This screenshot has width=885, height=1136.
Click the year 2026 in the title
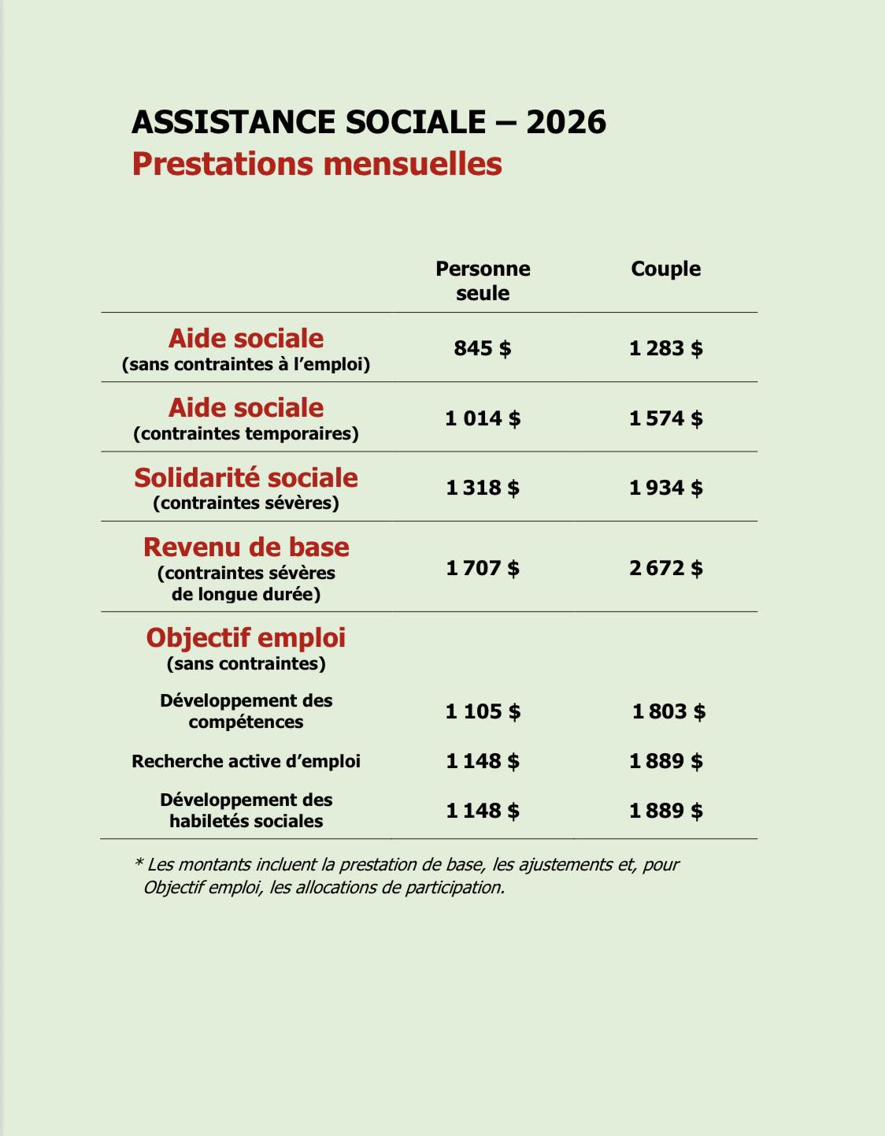(566, 122)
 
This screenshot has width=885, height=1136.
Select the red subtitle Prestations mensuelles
(317, 164)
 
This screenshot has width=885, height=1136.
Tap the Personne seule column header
(483, 280)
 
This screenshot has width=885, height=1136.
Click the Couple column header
(665, 269)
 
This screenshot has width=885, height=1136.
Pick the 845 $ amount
(483, 348)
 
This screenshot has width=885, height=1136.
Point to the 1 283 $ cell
(665, 348)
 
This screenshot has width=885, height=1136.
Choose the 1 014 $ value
(483, 418)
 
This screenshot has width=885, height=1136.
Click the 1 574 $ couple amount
(665, 418)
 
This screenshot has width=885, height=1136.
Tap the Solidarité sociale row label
(246, 478)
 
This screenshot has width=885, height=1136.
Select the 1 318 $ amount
(483, 488)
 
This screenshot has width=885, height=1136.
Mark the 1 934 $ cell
(665, 488)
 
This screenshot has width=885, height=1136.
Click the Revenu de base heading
(246, 548)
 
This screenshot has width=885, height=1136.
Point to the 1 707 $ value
(483, 568)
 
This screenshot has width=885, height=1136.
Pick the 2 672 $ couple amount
(665, 568)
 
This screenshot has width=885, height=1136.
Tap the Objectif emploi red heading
(246, 638)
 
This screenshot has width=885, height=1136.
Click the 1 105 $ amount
(483, 711)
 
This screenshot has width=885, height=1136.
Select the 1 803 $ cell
(668, 711)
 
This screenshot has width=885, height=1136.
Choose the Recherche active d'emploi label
(246, 762)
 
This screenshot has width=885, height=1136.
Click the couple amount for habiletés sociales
(665, 811)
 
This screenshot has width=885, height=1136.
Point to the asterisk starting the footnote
(139, 863)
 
